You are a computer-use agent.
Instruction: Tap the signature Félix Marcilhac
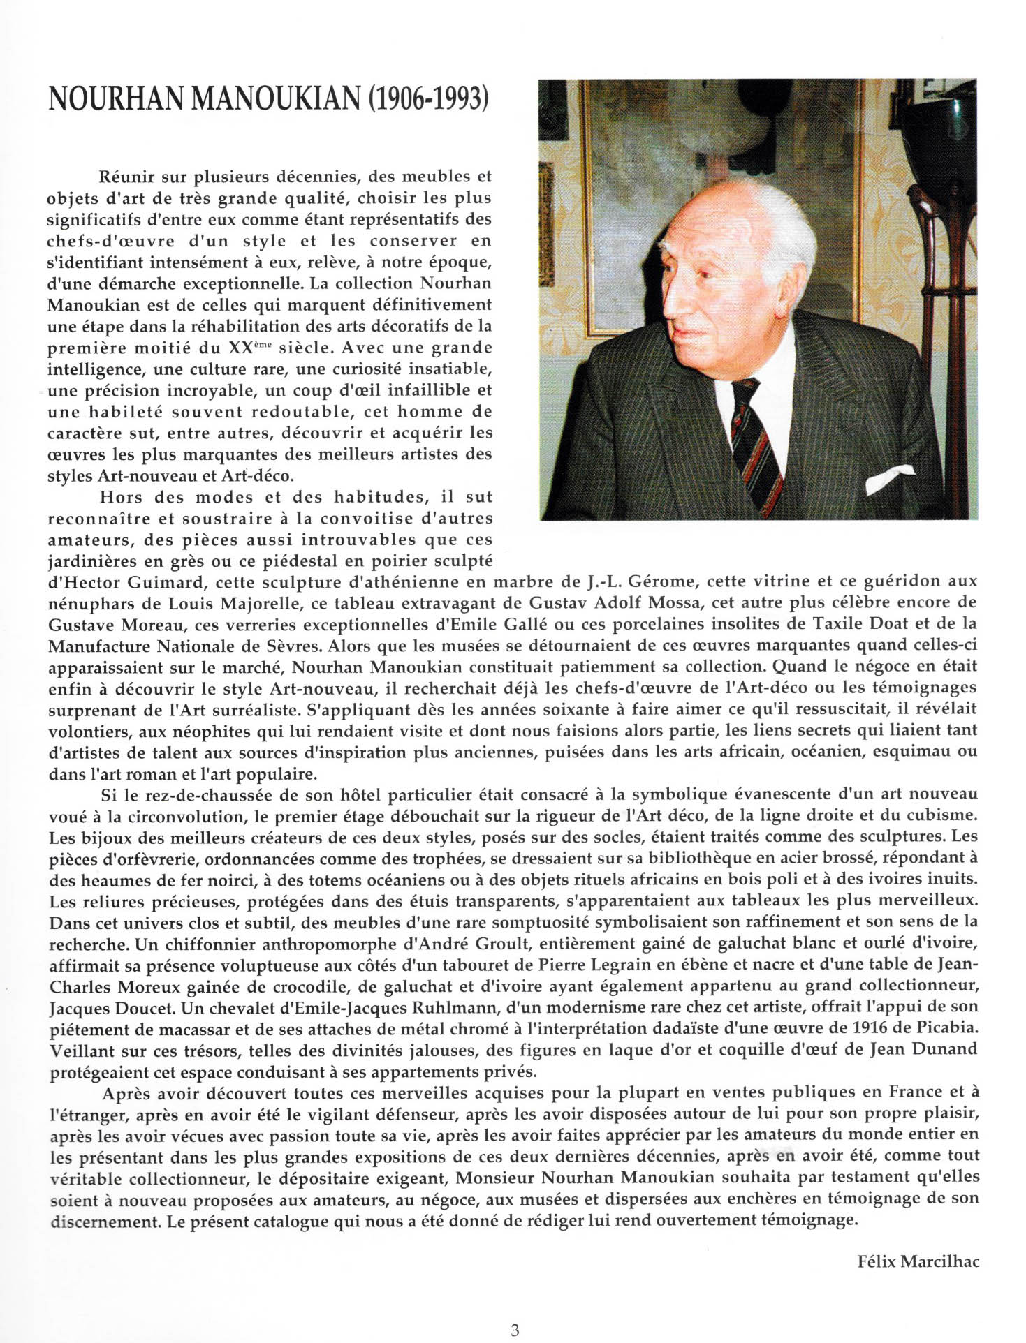pyautogui.click(x=918, y=1261)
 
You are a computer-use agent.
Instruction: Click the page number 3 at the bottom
pyautogui.click(x=515, y=1310)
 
